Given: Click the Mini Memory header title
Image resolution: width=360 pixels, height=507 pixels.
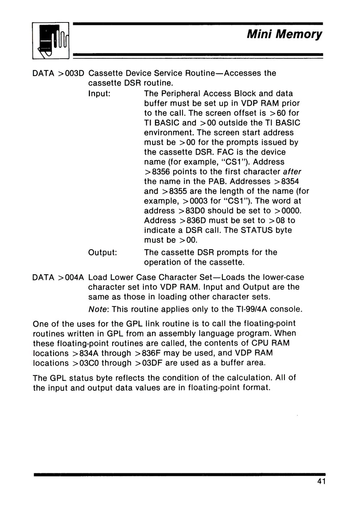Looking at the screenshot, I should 284,34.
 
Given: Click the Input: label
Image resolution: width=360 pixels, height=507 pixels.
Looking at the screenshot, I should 100,93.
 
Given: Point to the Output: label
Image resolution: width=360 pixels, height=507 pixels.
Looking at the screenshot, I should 102,252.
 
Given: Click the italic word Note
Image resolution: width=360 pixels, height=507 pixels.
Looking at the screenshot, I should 96,310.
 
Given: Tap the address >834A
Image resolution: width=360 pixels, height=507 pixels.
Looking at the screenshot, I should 80,353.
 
